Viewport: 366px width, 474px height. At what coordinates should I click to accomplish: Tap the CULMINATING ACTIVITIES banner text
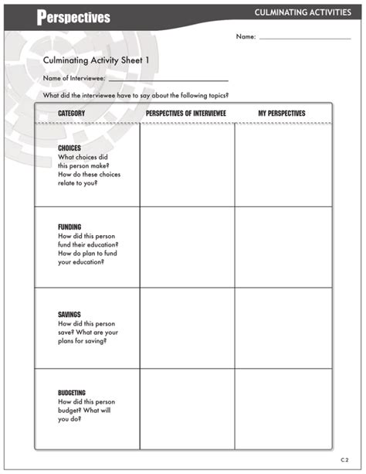(x=303, y=12)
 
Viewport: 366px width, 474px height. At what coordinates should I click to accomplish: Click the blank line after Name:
(x=305, y=37)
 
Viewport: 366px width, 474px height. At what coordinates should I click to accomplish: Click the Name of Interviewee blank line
(x=168, y=79)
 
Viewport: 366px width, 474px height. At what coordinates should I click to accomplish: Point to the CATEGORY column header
(x=71, y=114)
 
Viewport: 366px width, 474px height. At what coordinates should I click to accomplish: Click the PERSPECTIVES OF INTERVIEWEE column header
(x=187, y=114)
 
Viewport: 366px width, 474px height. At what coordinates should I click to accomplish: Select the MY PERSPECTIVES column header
(x=282, y=114)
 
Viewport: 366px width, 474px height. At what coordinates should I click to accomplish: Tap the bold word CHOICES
(x=69, y=148)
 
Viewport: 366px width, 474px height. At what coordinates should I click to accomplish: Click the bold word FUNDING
(x=69, y=227)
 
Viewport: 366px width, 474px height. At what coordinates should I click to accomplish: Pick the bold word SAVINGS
(x=69, y=315)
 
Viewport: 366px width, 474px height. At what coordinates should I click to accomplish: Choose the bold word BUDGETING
(x=72, y=393)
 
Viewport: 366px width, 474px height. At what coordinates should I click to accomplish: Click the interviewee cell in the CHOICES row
(x=187, y=165)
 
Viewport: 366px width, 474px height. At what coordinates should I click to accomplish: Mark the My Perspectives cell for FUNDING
(x=283, y=247)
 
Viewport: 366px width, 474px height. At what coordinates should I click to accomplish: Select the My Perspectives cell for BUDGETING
(x=283, y=408)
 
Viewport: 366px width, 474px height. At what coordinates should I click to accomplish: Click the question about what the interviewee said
(x=136, y=95)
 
